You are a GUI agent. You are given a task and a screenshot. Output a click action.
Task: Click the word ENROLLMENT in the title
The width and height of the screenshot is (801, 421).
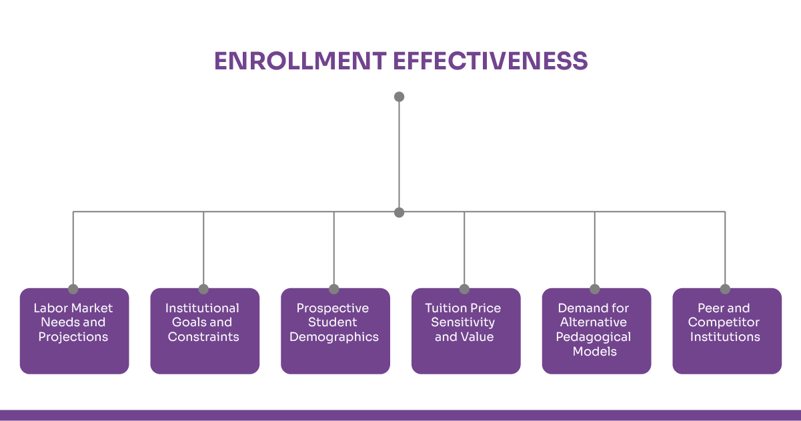coord(300,61)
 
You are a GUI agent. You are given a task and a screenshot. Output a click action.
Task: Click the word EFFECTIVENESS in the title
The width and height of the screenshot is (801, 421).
coord(490,61)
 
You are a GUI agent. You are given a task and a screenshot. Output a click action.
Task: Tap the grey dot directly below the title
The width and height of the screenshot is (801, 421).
coord(399,97)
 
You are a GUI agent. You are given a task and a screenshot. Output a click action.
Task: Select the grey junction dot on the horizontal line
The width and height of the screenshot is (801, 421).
coord(399,212)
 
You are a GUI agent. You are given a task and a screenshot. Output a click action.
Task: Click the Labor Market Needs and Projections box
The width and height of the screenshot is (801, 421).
coord(75,331)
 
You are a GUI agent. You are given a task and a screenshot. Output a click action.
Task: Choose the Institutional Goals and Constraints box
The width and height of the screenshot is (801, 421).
coord(205,331)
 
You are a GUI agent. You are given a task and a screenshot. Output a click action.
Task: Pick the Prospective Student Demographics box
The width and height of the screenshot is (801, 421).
coord(335,331)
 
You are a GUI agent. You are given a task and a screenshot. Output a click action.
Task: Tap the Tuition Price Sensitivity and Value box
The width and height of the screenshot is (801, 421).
coord(466,331)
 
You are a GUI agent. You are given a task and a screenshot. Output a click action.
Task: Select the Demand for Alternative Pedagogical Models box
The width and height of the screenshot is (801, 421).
coord(596,331)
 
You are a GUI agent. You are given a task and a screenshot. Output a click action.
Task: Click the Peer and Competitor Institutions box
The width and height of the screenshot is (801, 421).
coord(727,331)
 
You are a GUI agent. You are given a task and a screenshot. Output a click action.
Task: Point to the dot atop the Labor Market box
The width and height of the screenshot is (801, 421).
coord(73,289)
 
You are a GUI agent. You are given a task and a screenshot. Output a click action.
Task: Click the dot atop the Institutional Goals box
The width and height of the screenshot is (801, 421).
coord(203,289)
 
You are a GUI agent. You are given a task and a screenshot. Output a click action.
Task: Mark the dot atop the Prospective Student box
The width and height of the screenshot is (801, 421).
coord(333,289)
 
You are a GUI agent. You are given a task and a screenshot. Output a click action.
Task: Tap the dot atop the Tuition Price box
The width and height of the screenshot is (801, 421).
coord(464,289)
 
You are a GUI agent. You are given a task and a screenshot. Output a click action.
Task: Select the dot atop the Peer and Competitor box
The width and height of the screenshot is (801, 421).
coord(725,289)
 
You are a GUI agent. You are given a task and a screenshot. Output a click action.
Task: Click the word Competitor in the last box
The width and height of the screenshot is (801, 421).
coord(724,322)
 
